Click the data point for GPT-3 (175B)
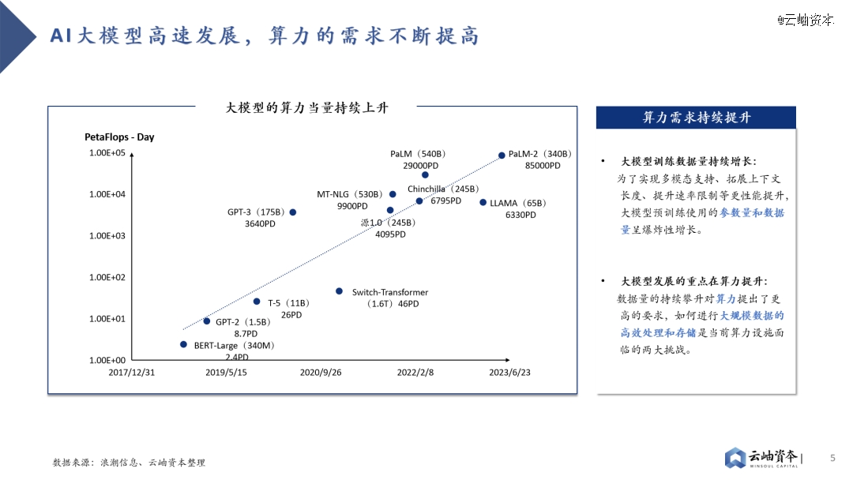(x=293, y=212)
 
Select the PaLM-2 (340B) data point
(x=502, y=156)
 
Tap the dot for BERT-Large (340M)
(x=183, y=344)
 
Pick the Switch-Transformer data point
(x=339, y=291)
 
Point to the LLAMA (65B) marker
(x=483, y=202)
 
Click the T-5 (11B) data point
(x=257, y=301)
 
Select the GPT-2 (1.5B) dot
(x=207, y=321)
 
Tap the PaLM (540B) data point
(x=426, y=175)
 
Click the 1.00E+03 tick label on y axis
(x=107, y=236)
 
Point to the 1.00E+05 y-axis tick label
(x=107, y=152)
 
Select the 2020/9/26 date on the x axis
(x=321, y=373)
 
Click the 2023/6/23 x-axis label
(x=509, y=373)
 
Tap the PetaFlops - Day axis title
(x=119, y=137)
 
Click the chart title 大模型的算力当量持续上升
(x=306, y=107)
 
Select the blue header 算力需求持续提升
(x=697, y=118)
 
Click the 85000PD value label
(x=543, y=166)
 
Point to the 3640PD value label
(x=260, y=224)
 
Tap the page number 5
(x=832, y=458)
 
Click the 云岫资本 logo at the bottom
(x=762, y=458)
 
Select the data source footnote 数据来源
(x=129, y=463)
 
